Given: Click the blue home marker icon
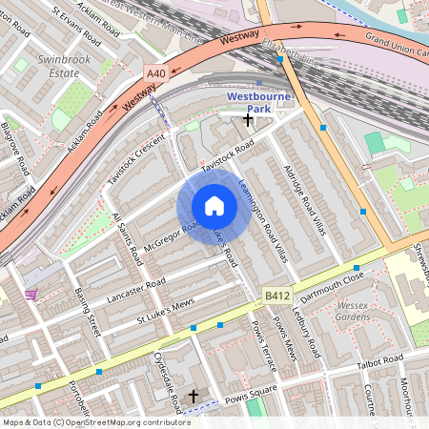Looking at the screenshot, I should (214, 206).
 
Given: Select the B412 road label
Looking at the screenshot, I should (276, 296).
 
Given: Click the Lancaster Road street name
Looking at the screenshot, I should (136, 287).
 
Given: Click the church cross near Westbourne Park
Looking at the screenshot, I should (249, 120).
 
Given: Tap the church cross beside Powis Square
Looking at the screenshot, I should (194, 395).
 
